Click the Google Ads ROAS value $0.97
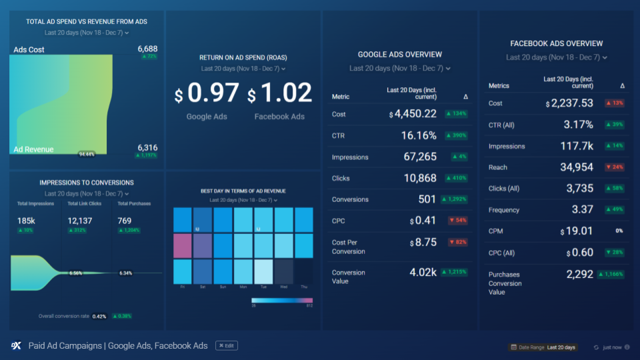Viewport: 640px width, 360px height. click(207, 94)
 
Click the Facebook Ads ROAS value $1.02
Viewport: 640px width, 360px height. click(280, 94)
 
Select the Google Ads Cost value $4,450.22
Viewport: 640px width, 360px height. click(413, 114)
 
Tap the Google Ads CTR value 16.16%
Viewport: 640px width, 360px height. click(419, 135)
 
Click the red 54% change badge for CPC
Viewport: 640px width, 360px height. click(457, 221)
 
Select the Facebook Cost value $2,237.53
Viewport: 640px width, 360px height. click(570, 103)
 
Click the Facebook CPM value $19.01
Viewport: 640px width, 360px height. click(577, 231)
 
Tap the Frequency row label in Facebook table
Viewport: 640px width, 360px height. click(503, 210)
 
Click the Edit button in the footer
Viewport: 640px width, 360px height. click(226, 345)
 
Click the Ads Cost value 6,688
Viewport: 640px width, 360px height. click(147, 49)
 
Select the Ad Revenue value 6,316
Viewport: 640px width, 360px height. click(147, 147)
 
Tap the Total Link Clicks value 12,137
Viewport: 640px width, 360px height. click(79, 221)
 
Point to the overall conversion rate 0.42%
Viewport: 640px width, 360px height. click(99, 316)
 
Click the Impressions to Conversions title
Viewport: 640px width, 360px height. click(86, 183)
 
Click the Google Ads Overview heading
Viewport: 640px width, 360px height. click(399, 55)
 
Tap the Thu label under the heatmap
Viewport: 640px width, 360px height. click(304, 286)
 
